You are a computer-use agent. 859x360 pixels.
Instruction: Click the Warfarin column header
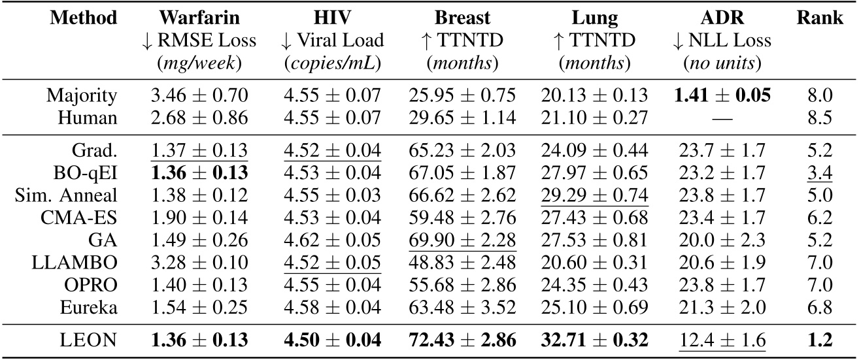[x=199, y=16]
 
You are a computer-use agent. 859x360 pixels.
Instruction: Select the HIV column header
[x=331, y=16]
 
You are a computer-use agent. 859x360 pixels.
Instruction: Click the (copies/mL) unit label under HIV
[x=331, y=63]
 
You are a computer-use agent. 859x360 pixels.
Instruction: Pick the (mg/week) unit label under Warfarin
[x=199, y=63]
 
